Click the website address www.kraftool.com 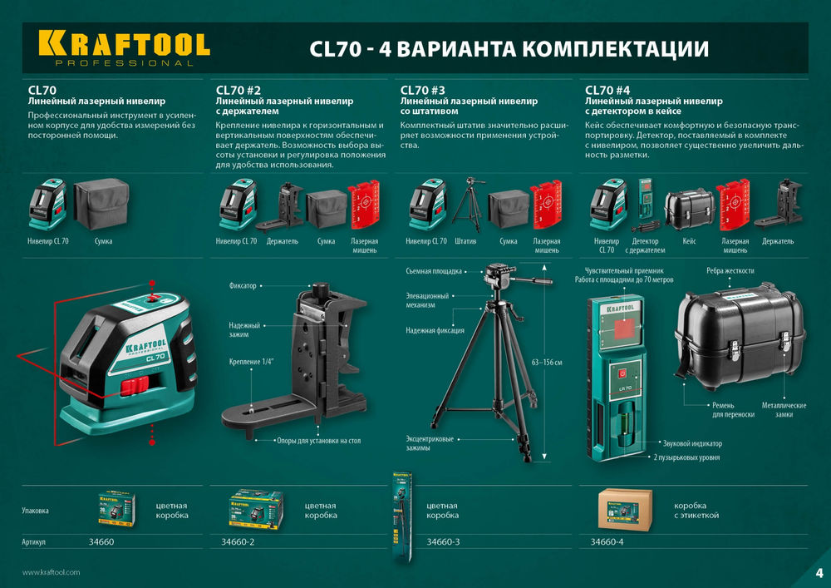pos(51,572)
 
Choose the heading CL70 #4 pos(607,90)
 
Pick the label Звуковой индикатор pos(692,443)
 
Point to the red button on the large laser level pos(133,385)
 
